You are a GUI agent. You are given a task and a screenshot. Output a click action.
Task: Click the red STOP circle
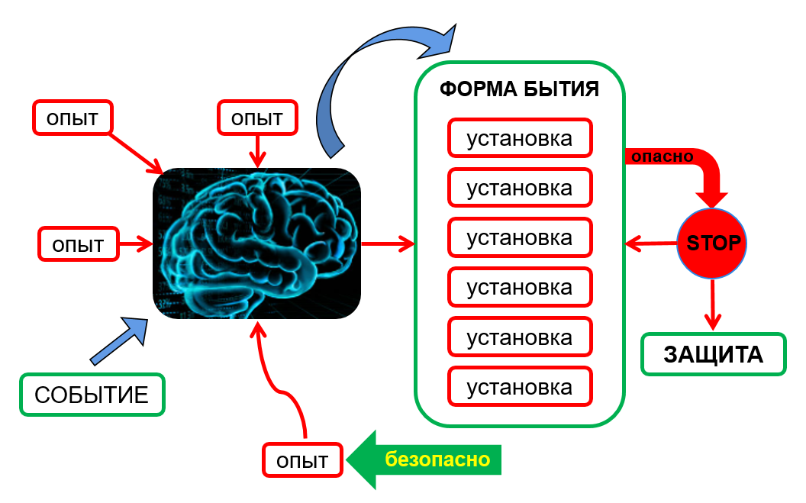click(711, 243)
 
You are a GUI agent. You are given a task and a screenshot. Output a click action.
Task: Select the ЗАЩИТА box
click(714, 354)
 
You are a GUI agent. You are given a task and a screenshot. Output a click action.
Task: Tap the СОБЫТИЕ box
click(92, 395)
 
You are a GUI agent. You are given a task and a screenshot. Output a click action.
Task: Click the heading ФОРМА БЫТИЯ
click(519, 89)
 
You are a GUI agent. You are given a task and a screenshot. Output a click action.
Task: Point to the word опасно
click(662, 156)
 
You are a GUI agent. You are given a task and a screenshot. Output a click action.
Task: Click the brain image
click(257, 243)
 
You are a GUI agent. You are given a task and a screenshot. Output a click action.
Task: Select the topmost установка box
click(520, 138)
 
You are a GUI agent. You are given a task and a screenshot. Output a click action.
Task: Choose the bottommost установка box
click(520, 387)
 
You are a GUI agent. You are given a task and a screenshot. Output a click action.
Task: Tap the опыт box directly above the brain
click(257, 118)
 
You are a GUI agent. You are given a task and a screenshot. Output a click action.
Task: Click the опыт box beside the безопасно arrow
click(302, 460)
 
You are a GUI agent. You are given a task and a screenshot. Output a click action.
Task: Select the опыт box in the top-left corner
click(73, 118)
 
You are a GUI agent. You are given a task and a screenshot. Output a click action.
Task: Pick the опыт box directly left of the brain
click(78, 244)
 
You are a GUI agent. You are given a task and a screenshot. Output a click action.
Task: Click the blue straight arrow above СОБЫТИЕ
click(119, 341)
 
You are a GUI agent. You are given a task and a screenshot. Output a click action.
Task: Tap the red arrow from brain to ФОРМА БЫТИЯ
click(388, 243)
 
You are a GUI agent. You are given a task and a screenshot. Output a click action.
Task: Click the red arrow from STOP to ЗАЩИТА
click(712, 304)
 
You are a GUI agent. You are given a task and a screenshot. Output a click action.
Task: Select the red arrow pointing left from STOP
click(651, 243)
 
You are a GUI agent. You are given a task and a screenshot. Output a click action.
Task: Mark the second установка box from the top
click(520, 188)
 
